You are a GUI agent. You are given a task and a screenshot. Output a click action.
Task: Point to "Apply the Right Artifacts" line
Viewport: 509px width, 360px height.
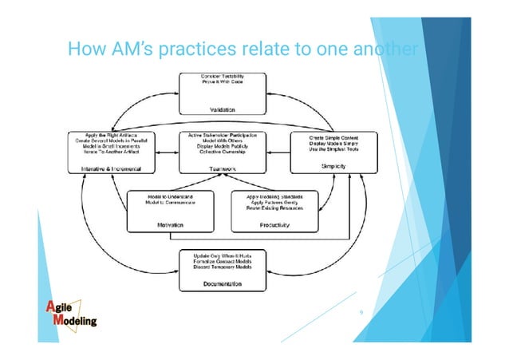click(109, 136)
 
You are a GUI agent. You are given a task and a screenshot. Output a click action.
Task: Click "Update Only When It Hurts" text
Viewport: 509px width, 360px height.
click(227, 255)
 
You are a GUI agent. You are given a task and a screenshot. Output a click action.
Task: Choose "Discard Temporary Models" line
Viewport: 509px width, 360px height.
click(227, 267)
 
